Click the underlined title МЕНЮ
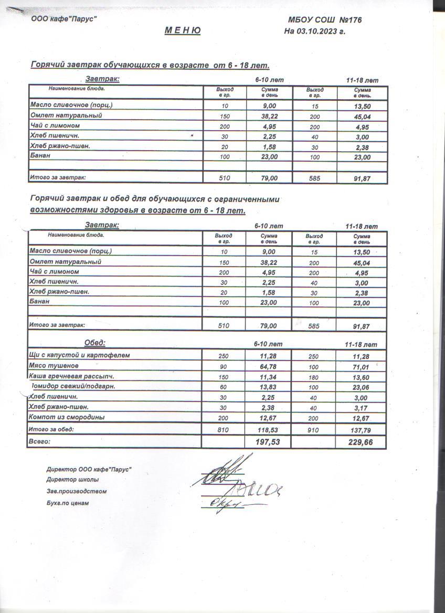pos(182,31)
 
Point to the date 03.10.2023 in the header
pos(321,31)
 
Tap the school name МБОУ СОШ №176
pos(325,20)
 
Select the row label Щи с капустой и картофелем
pos(80,355)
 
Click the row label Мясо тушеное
pos(55,366)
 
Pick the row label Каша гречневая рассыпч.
pos(72,376)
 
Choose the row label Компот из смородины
pos(67,417)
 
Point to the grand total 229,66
pos(361,442)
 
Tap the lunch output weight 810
pos(224,429)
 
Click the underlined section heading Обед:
pos(95,343)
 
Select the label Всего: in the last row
pos(40,442)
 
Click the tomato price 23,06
pos(361,386)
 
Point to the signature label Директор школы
pos(72,479)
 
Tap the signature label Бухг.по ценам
pos(68,503)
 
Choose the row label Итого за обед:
pos(51,429)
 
